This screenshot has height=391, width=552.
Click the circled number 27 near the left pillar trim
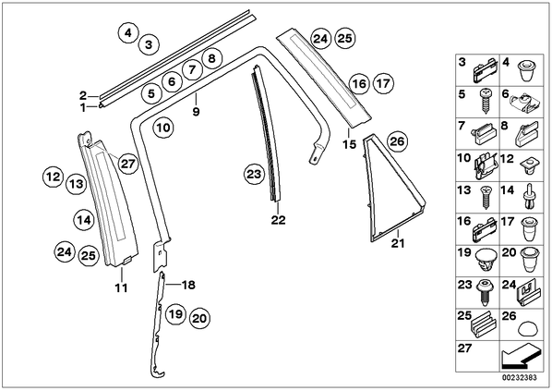pyautogui.click(x=127, y=164)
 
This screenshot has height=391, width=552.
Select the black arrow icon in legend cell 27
pyautogui.click(x=520, y=357)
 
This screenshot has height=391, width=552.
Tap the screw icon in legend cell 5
pyautogui.click(x=486, y=100)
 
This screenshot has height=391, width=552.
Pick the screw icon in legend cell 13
pyautogui.click(x=486, y=197)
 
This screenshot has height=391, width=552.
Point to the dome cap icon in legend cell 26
pyautogui.click(x=528, y=328)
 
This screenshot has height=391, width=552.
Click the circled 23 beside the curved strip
pyautogui.click(x=254, y=174)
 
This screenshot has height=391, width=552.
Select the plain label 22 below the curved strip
pyautogui.click(x=278, y=220)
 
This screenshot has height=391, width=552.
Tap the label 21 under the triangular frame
pyautogui.click(x=398, y=243)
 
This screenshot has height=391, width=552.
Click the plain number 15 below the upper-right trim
pyautogui.click(x=349, y=144)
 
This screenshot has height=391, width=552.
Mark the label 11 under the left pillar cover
pyautogui.click(x=121, y=287)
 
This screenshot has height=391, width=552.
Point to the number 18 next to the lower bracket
pyautogui.click(x=188, y=285)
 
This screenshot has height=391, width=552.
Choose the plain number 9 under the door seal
pyautogui.click(x=196, y=112)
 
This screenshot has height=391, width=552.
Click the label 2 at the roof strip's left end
pyautogui.click(x=83, y=95)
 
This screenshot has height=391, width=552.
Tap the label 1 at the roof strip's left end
pyautogui.click(x=83, y=107)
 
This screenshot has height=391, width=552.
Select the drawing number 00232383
pyautogui.click(x=520, y=378)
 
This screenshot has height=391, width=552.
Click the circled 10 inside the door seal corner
pyautogui.click(x=163, y=128)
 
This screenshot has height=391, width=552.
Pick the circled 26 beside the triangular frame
pyautogui.click(x=397, y=141)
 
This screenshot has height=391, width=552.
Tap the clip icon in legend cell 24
pyautogui.click(x=528, y=294)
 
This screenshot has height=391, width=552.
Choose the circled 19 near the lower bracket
pyautogui.click(x=175, y=312)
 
